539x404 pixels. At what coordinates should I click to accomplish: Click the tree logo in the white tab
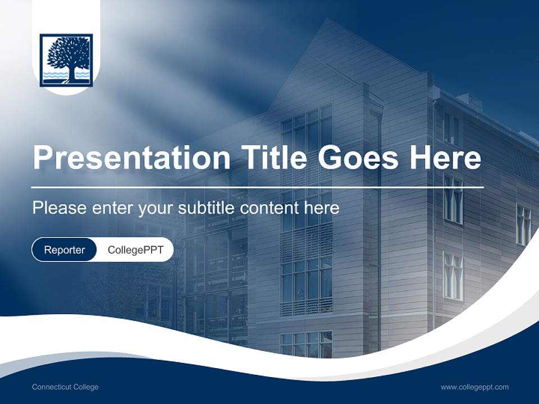point(66,59)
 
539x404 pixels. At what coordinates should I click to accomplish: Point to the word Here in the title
point(445,157)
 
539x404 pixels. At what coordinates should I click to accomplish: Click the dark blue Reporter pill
point(64,250)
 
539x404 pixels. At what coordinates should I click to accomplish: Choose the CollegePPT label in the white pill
point(135,250)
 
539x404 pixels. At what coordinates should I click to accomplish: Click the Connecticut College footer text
point(65,387)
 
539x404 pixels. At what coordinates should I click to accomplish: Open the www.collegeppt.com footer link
point(474,387)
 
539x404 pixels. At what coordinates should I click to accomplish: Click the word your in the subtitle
point(157,208)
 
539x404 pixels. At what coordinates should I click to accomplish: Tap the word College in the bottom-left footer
point(86,387)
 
